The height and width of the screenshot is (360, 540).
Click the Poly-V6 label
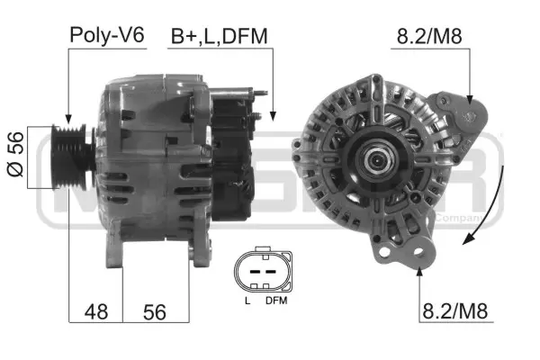point(106,35)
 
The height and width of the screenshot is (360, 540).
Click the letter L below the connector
point(246,301)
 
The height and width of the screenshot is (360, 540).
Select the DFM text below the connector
point(275,301)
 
